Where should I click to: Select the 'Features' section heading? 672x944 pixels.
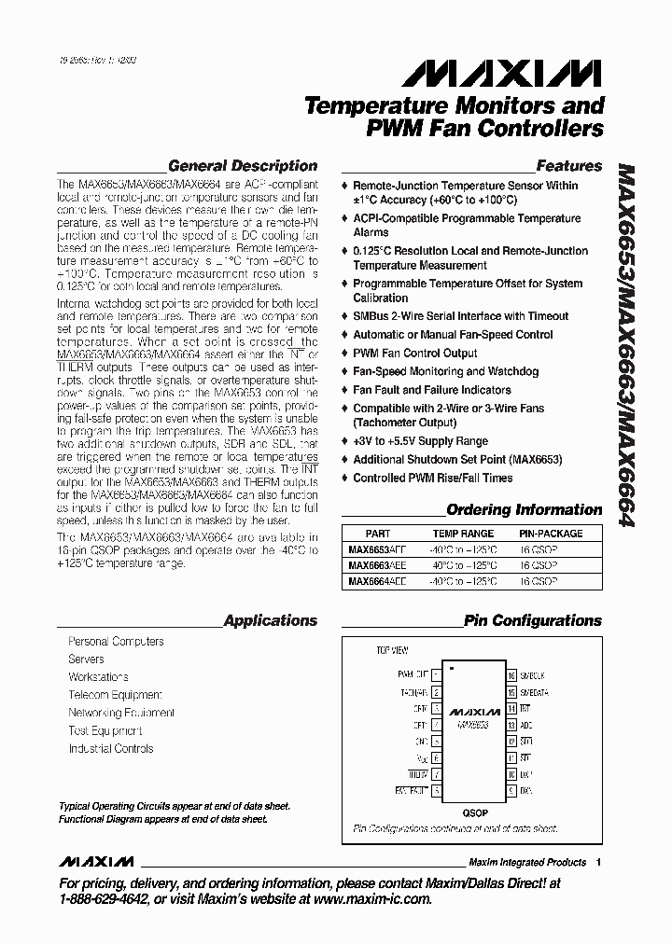tap(568, 166)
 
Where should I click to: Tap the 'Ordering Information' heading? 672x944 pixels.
tap(524, 510)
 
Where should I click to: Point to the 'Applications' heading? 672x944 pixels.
tap(271, 620)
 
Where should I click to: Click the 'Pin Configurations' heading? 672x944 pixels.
tap(532, 620)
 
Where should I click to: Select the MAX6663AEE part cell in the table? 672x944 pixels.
tap(377, 565)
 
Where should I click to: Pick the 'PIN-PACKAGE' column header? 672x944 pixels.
tap(550, 534)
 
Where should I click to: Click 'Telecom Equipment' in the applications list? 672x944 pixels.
tap(115, 695)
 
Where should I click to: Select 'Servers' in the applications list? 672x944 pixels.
tap(86, 659)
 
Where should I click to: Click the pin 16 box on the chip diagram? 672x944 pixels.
tap(511, 674)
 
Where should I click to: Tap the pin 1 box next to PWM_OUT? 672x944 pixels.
tap(436, 674)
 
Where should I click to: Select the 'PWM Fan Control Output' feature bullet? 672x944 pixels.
tap(414, 354)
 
